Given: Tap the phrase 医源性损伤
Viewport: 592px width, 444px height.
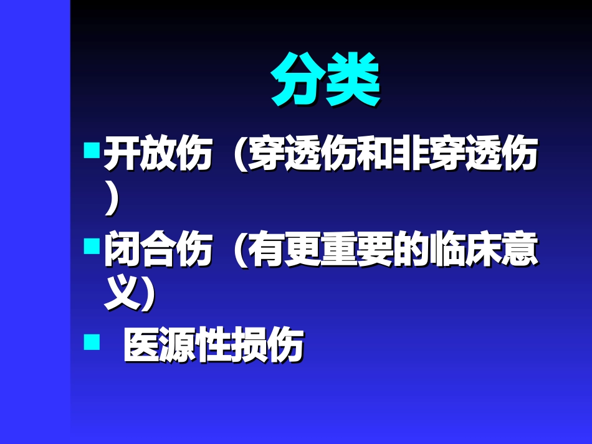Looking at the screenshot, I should tap(212, 346).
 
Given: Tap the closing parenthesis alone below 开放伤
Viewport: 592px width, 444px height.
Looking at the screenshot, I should tap(112, 201).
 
